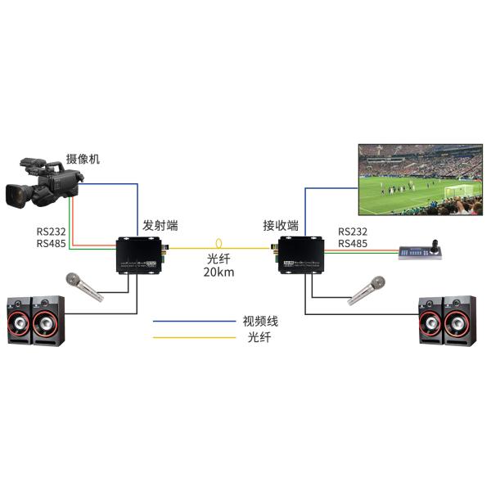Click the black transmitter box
(x=141, y=253)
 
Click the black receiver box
(x=300, y=253)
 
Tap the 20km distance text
(x=218, y=273)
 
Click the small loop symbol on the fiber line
(x=218, y=244)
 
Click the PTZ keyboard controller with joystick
(x=420, y=252)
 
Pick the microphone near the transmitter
(x=85, y=286)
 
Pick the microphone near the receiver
(x=366, y=290)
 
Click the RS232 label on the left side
(x=52, y=232)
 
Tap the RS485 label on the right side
(x=352, y=244)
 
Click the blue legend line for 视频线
(x=193, y=321)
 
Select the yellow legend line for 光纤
(x=193, y=337)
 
